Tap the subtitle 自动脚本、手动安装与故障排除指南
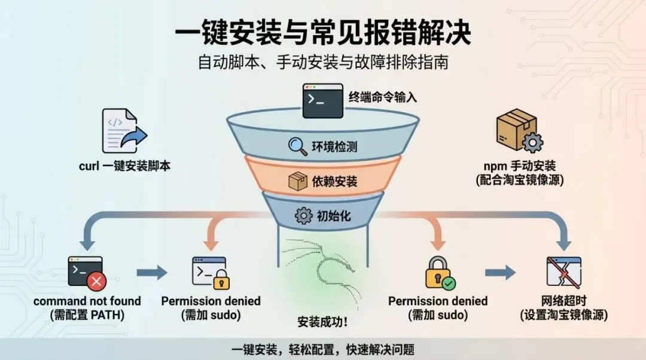pyautogui.click(x=323, y=63)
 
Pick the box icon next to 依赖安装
pyautogui.click(x=297, y=180)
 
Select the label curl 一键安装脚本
pyautogui.click(x=124, y=166)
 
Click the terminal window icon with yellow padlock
pyautogui.click(x=211, y=273)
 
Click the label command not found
pyautogui.click(x=87, y=301)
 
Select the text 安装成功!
pyautogui.click(x=323, y=322)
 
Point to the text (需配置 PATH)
pyautogui.click(x=87, y=315)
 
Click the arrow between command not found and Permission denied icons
pyautogui.click(x=152, y=273)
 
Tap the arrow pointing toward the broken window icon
pyautogui.click(x=500, y=273)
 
